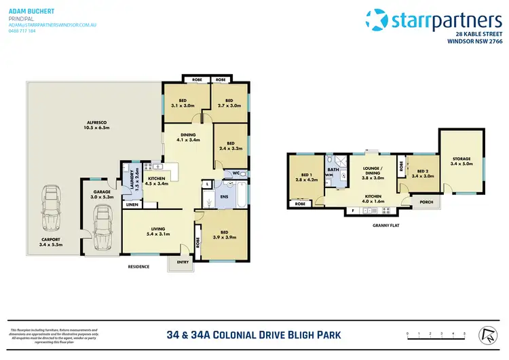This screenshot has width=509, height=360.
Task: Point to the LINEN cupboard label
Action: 132,204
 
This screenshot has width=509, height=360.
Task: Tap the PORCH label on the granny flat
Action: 426,201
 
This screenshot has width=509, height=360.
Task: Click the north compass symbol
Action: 487,334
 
